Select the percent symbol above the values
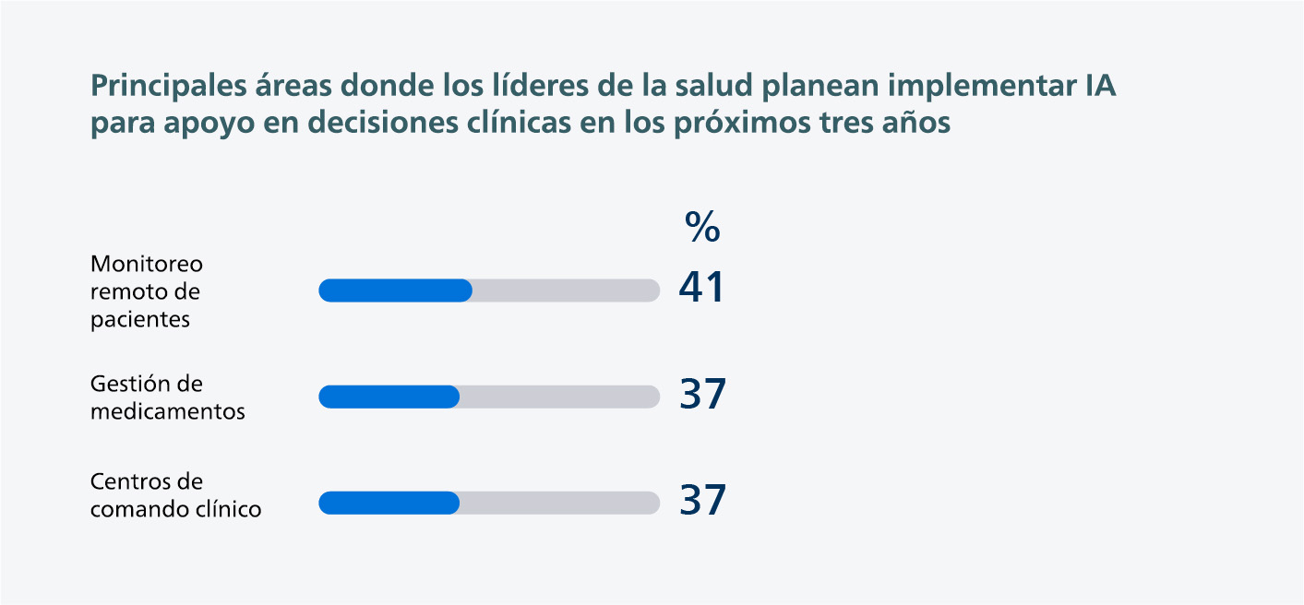(x=702, y=227)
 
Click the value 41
(x=702, y=289)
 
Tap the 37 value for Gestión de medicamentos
(x=703, y=395)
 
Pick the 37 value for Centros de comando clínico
(x=703, y=501)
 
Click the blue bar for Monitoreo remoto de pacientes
(x=395, y=291)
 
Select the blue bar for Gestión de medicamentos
(x=389, y=397)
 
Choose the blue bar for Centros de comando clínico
(x=389, y=503)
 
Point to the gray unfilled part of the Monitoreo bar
(x=566, y=291)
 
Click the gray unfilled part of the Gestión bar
(x=559, y=397)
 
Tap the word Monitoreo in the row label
(x=147, y=264)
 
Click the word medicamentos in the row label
(x=168, y=411)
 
